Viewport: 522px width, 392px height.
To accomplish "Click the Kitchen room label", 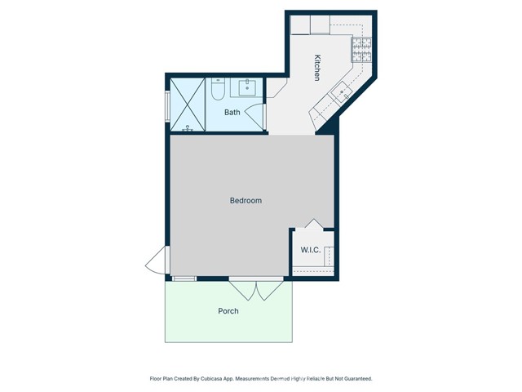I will (x=317, y=67).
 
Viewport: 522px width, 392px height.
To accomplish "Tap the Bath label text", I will (x=232, y=113).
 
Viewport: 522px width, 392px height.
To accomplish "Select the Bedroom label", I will (x=246, y=200).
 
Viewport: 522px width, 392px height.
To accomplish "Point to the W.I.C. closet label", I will (x=311, y=250).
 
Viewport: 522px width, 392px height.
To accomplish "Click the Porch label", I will (x=228, y=311).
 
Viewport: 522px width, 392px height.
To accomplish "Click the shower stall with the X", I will (x=186, y=104).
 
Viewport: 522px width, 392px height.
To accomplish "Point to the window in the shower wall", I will (x=167, y=105).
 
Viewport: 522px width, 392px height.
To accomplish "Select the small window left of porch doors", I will (x=184, y=278).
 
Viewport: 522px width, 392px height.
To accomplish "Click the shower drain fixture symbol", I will (x=188, y=128).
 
